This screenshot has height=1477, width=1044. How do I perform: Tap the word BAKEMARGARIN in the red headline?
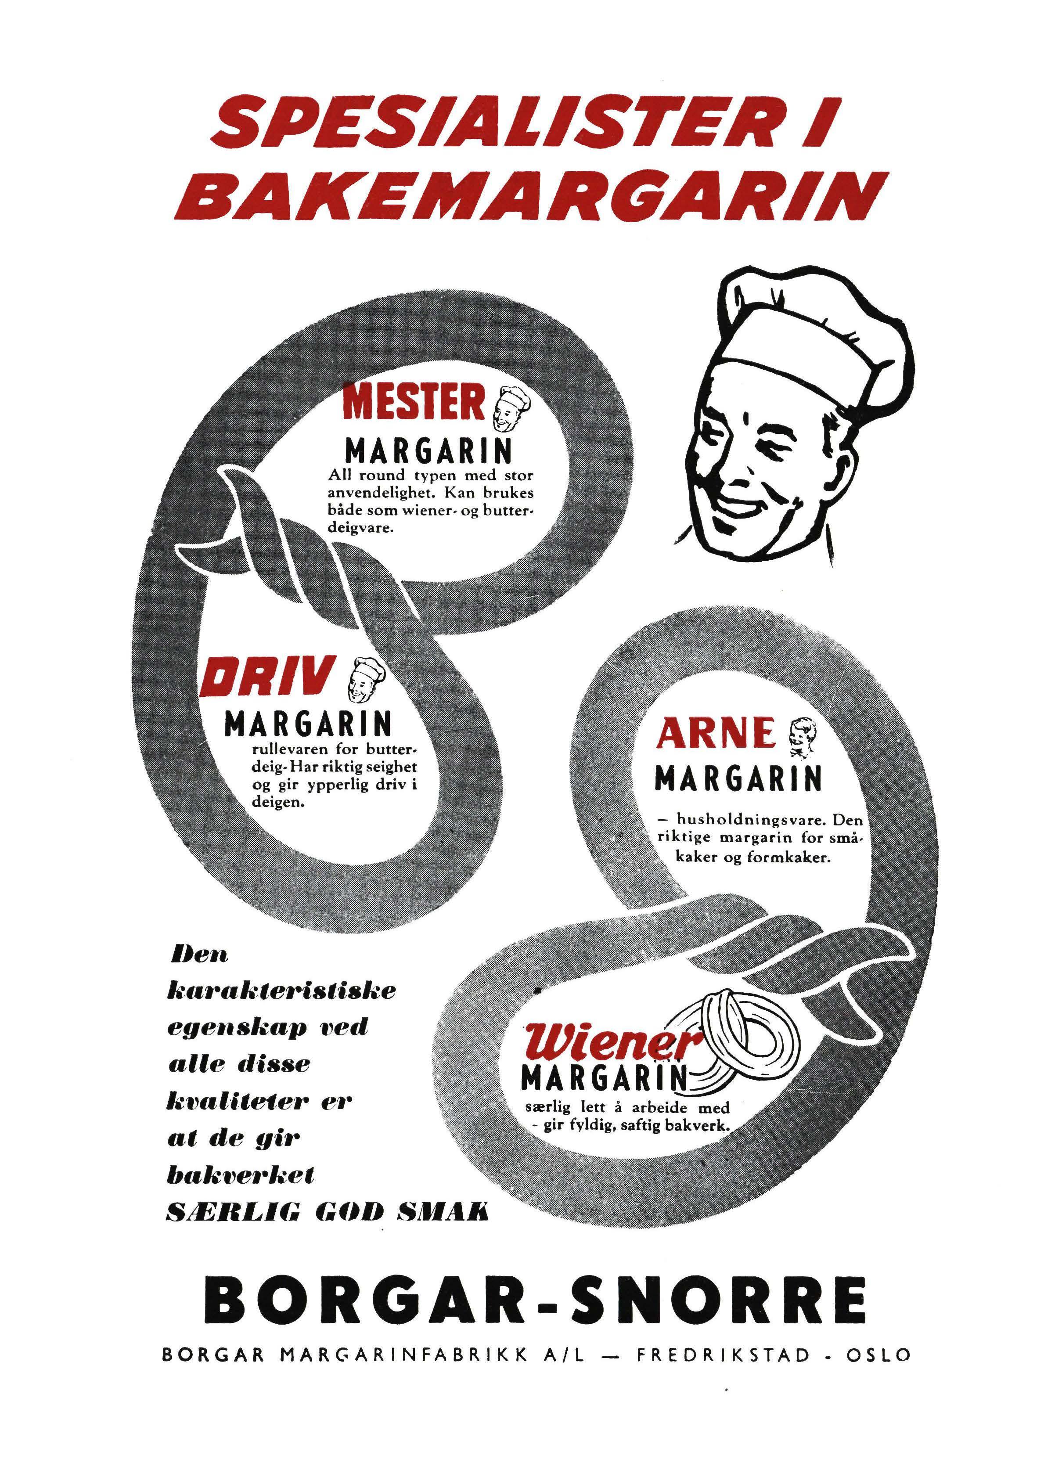[x=531, y=194]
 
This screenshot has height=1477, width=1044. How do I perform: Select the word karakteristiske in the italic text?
[x=281, y=990]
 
